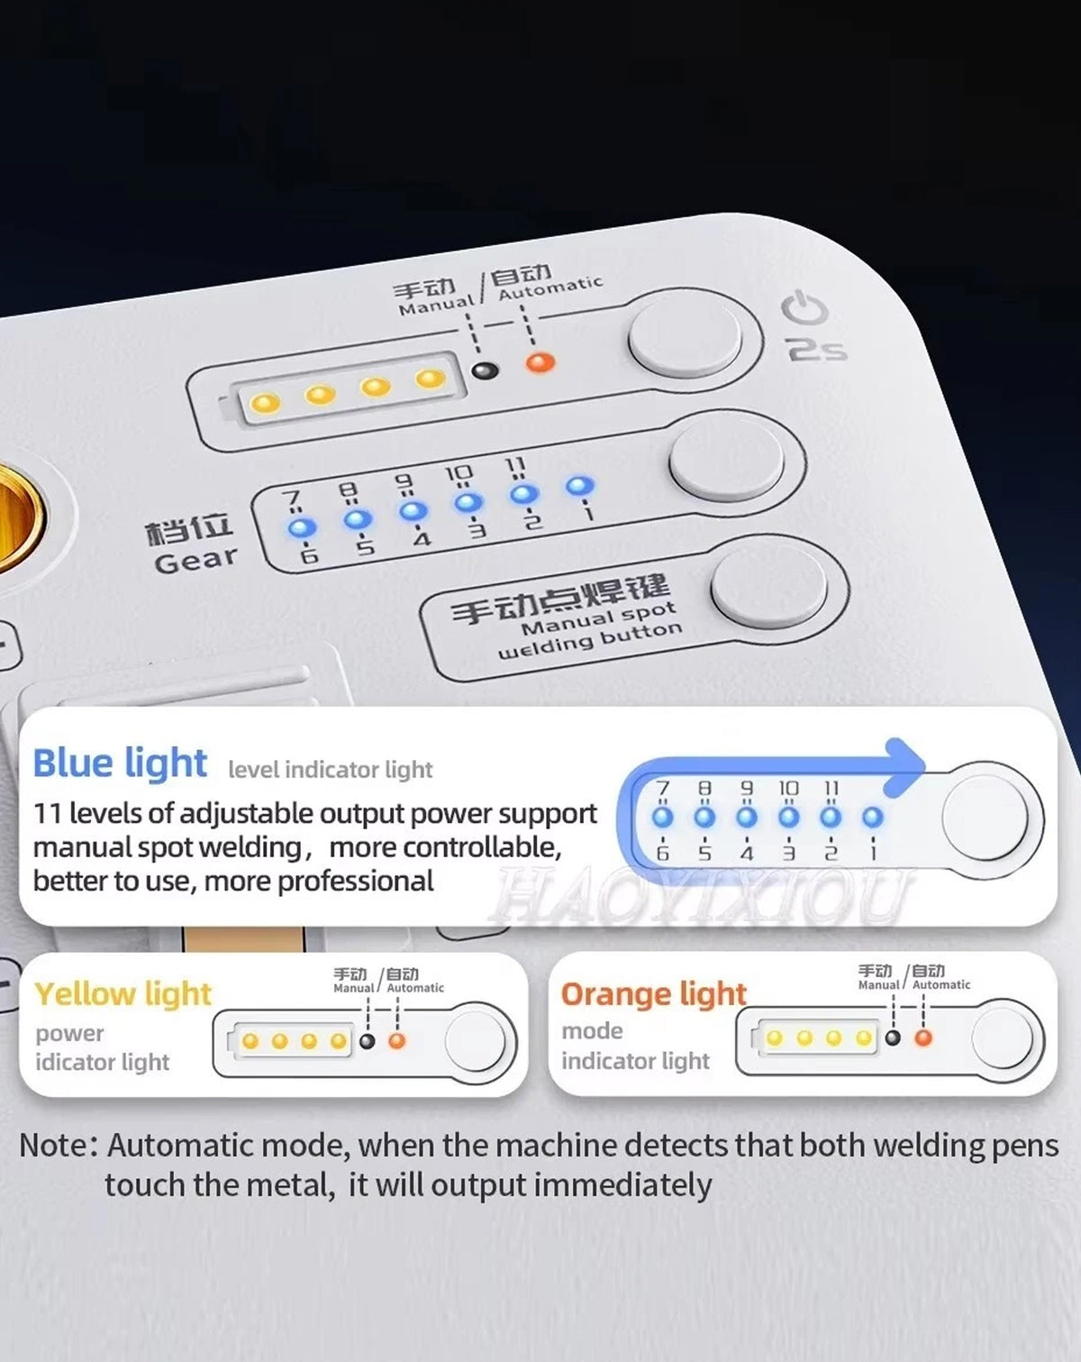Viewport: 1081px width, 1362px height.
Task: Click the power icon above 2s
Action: click(804, 309)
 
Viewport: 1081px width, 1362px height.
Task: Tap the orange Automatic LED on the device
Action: click(540, 362)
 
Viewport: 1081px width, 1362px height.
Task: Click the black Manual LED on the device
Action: click(486, 370)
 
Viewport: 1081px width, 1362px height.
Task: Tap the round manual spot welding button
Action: click(768, 586)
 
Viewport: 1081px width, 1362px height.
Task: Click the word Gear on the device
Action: click(196, 560)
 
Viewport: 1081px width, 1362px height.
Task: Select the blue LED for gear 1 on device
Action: click(579, 486)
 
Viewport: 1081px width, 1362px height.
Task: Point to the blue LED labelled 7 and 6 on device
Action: click(301, 528)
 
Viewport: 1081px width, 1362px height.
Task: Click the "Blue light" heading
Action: click(120, 763)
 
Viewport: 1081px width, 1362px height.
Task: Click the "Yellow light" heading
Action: click(123, 993)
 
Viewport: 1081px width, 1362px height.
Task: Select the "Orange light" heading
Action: click(653, 993)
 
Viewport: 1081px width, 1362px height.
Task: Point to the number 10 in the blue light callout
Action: click(788, 788)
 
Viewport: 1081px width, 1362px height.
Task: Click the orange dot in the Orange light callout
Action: click(923, 1038)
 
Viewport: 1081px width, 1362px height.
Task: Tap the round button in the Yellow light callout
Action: click(475, 1040)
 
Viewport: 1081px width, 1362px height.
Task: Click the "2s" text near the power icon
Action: click(817, 349)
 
